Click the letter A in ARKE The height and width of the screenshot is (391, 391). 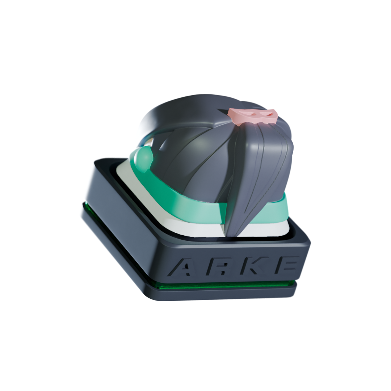click(x=185, y=267)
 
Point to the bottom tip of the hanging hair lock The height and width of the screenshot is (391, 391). click(x=227, y=236)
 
